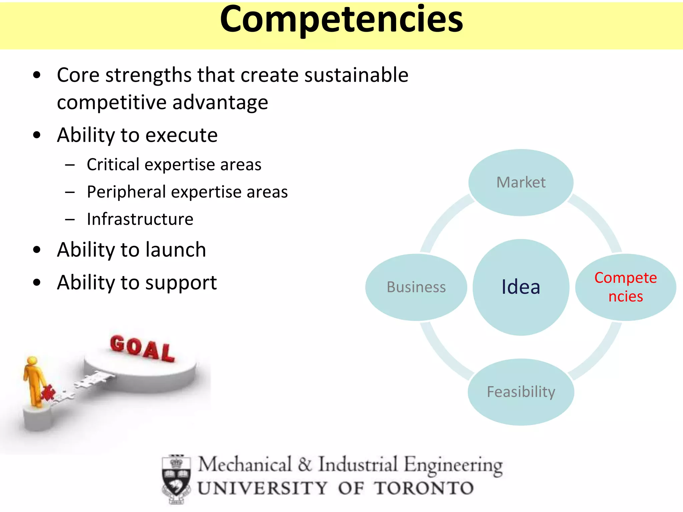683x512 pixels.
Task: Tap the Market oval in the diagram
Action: tap(521, 182)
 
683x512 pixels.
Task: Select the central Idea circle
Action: tap(521, 287)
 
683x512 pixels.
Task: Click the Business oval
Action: tap(416, 287)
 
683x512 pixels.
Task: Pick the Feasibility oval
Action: tap(521, 392)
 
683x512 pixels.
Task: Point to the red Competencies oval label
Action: tap(626, 287)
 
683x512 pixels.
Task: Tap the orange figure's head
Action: tap(32, 361)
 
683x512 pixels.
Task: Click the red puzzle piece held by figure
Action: tap(48, 392)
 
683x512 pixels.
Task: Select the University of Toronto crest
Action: tap(176, 479)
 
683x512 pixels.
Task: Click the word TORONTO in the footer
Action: tap(424, 488)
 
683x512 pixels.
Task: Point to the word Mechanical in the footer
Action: tap(245, 464)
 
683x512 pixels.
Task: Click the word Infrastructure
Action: tap(140, 219)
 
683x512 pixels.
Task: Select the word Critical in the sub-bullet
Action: tap(113, 165)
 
